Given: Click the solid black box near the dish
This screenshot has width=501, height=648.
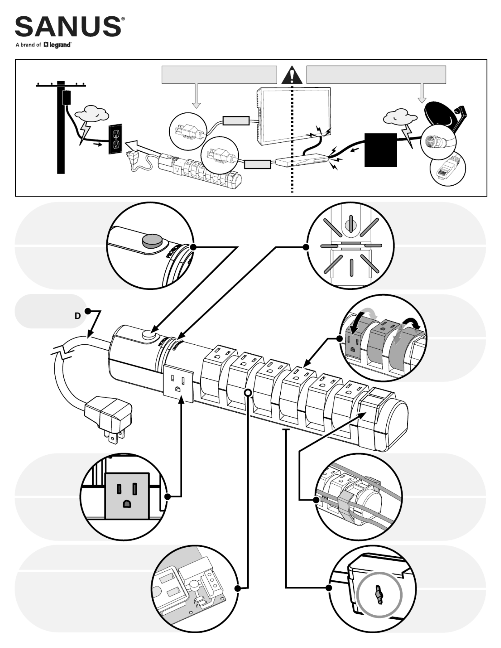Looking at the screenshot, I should pos(380,150).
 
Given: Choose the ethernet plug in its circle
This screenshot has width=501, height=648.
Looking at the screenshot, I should pos(448,169).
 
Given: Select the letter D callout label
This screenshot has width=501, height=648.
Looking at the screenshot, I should pos(78,316).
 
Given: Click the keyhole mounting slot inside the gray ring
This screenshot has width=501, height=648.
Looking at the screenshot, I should pos(379,594).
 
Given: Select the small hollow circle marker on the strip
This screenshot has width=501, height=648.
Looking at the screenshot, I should pos(248,393).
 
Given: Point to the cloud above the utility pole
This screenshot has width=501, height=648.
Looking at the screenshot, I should pos(92,114).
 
